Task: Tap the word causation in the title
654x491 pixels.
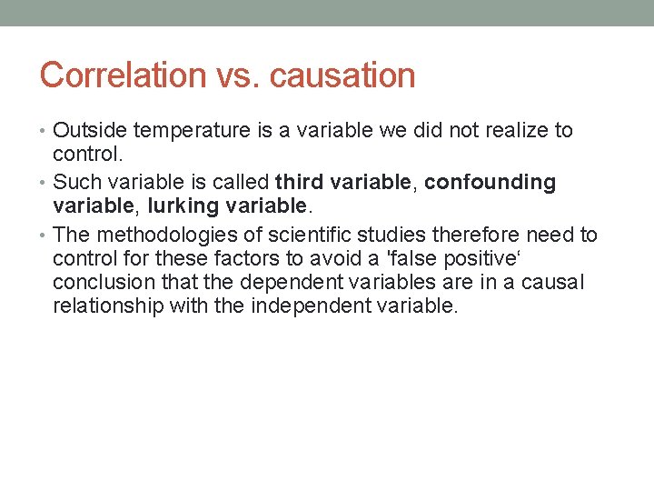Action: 342,75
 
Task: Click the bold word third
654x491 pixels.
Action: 297,182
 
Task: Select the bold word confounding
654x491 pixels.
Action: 490,182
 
